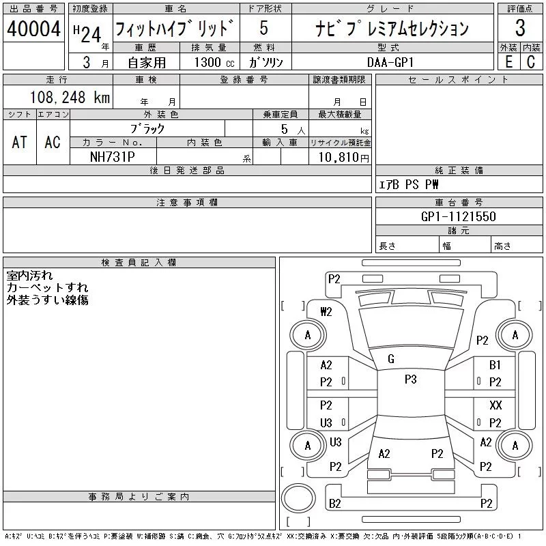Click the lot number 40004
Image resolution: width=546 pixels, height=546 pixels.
point(34,29)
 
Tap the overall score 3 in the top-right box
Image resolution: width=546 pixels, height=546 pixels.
point(520,29)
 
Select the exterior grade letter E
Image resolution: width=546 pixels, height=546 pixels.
point(508,61)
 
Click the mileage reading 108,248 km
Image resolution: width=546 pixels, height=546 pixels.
point(69,97)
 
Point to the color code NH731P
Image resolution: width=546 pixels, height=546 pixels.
point(113,156)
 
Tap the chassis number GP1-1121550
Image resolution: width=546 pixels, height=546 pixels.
point(459,216)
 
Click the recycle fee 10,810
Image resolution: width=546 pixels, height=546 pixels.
point(340,157)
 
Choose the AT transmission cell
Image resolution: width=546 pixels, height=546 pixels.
point(20,142)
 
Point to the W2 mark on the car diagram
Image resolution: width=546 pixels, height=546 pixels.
point(326,311)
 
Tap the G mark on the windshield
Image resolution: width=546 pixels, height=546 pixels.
point(391,359)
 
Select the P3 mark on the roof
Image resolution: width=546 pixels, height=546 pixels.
point(410,379)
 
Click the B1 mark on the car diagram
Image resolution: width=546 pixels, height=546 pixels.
point(495,365)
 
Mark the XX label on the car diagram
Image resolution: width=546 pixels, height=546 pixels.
point(495,405)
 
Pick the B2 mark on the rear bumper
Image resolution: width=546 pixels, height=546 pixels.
point(335,504)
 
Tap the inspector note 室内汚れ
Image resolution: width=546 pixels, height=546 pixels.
point(29,276)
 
